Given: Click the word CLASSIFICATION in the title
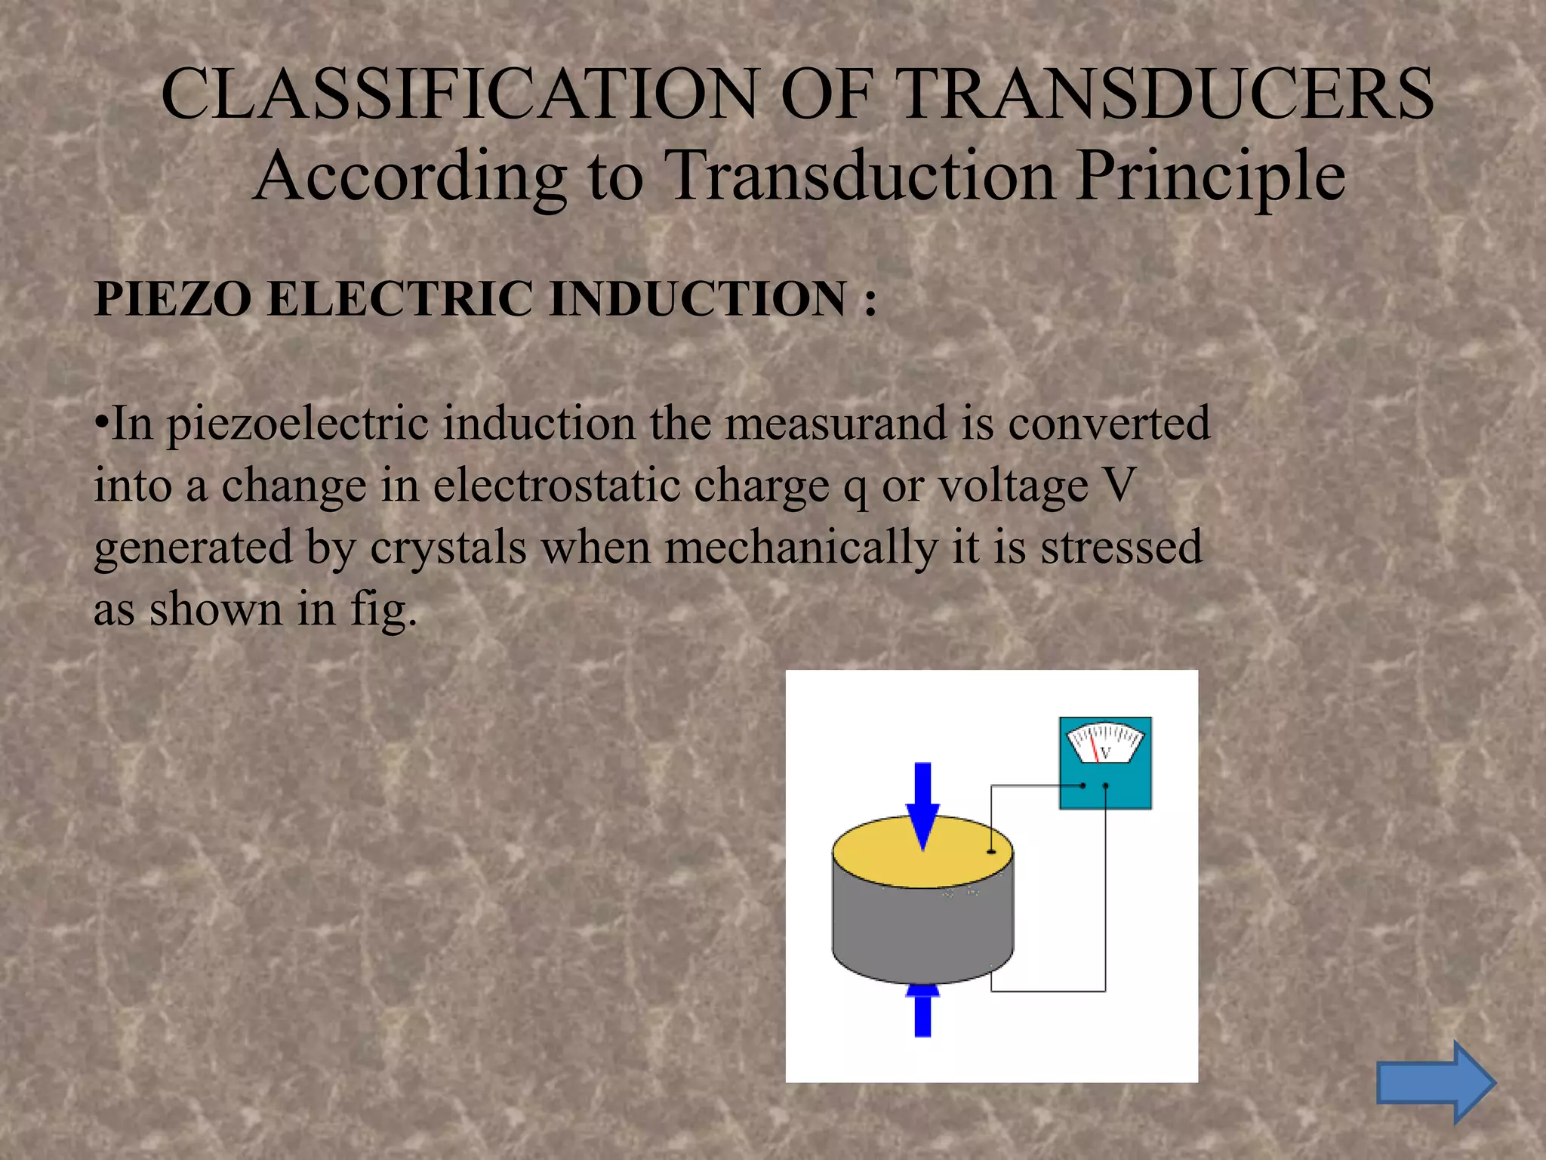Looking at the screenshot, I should (x=459, y=94).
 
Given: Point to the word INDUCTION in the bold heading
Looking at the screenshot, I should (x=698, y=299).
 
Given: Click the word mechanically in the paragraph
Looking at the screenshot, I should (x=801, y=548).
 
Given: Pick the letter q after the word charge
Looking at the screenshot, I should (x=855, y=488).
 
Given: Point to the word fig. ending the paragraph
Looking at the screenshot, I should (x=383, y=610).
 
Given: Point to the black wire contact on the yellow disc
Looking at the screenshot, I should (x=991, y=852).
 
